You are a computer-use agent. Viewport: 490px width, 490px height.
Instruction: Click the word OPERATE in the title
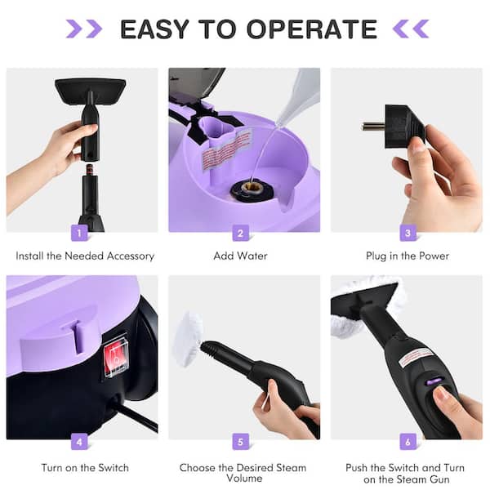(x=314, y=29)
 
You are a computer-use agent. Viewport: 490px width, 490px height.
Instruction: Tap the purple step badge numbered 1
(x=79, y=234)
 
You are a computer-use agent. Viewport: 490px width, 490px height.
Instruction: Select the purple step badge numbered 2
(x=240, y=234)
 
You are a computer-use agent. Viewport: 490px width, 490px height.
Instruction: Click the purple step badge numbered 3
(x=408, y=234)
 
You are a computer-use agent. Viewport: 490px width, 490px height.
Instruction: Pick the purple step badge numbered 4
(x=79, y=442)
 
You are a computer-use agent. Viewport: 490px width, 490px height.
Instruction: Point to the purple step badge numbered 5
(x=240, y=442)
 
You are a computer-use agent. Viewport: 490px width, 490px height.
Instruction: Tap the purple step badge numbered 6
(x=408, y=442)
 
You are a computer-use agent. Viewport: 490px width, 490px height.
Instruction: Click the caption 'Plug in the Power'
(x=408, y=256)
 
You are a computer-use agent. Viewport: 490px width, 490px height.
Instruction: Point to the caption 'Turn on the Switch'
(x=85, y=468)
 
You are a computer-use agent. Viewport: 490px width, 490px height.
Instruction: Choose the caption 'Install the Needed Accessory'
(x=85, y=256)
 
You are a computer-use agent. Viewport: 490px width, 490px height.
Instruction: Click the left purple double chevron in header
(x=83, y=29)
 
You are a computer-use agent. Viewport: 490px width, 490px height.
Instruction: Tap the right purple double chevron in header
(x=411, y=29)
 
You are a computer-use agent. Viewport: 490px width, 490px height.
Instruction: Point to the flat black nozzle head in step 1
(x=90, y=88)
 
